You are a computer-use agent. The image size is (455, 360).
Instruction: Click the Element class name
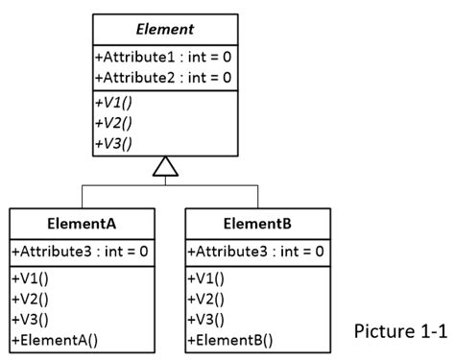[x=166, y=30]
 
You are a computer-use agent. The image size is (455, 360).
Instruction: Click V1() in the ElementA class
[x=32, y=278]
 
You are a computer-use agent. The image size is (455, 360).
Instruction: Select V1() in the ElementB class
[x=206, y=278]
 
